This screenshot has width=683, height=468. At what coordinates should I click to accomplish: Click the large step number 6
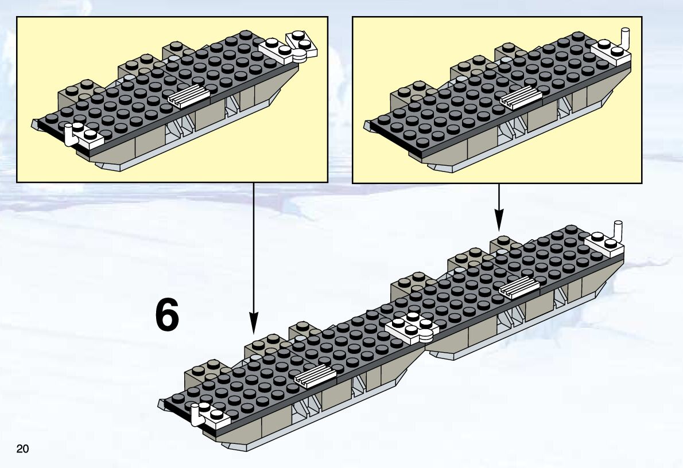click(167, 315)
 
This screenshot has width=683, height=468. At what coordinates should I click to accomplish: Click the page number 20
click(22, 448)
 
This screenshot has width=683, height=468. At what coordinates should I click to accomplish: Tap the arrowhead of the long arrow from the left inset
click(254, 324)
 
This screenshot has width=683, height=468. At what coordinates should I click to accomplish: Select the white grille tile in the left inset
click(189, 96)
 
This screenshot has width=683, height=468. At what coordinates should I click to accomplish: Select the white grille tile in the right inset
click(521, 97)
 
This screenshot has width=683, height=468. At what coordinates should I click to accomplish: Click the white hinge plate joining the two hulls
click(412, 328)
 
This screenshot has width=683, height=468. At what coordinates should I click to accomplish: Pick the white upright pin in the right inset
click(626, 39)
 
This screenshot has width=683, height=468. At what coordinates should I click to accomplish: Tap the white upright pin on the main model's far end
click(618, 231)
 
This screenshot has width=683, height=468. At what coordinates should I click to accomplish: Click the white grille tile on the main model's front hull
click(315, 376)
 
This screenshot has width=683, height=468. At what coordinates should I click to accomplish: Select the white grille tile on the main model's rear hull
click(519, 287)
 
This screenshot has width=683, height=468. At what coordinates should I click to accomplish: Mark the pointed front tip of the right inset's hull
click(365, 126)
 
